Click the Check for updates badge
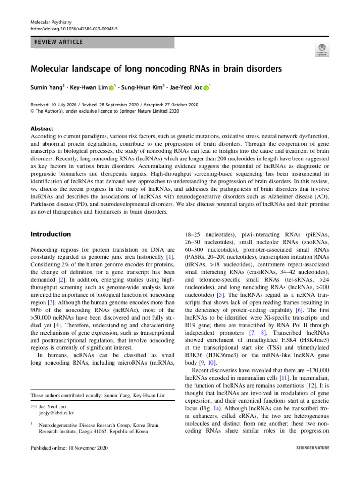pos(322,49)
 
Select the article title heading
pos(156,69)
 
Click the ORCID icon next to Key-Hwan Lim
pos(111,88)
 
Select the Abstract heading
pos(42,128)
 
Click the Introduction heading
pos(51,234)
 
